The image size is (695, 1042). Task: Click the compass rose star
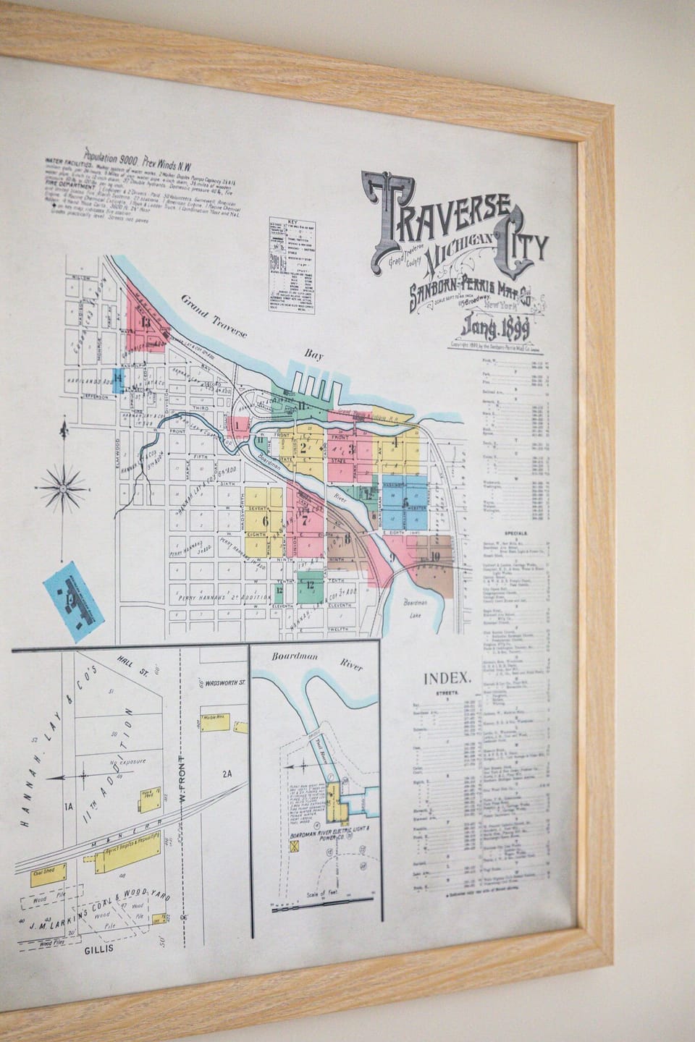(x=63, y=488)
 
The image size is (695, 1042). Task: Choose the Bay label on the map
(x=313, y=354)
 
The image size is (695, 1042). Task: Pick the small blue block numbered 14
(x=117, y=377)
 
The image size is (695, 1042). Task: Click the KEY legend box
(x=292, y=265)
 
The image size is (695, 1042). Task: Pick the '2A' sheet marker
(x=227, y=774)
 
